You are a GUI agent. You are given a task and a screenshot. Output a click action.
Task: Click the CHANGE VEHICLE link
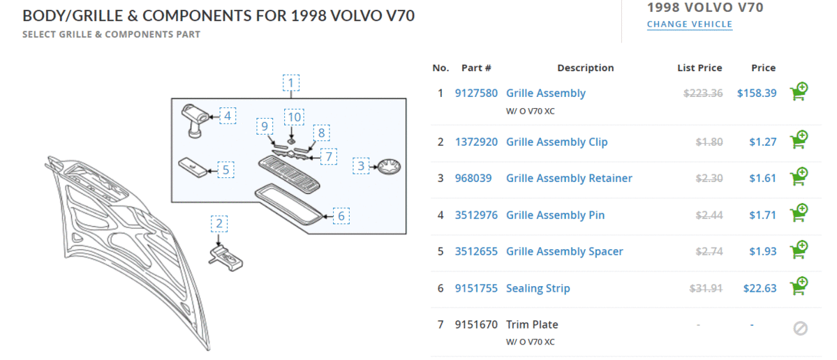click(x=690, y=24)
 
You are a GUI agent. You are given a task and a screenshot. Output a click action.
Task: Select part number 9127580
click(x=476, y=93)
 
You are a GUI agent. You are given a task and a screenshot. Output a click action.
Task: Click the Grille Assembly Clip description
click(x=556, y=142)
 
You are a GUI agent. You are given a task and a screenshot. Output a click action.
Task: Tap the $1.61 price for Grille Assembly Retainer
click(x=762, y=179)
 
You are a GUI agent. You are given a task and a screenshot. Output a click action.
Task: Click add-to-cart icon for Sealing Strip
click(x=799, y=287)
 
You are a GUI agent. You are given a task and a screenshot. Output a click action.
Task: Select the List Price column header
click(x=699, y=68)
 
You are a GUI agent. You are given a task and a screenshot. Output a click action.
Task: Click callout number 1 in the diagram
click(x=292, y=84)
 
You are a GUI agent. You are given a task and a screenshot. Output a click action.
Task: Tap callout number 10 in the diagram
click(x=295, y=117)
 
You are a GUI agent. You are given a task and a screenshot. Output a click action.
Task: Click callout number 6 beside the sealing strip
click(x=341, y=216)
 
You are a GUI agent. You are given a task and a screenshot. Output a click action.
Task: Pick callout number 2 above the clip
click(x=219, y=223)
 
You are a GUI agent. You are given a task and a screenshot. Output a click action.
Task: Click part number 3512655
click(x=476, y=252)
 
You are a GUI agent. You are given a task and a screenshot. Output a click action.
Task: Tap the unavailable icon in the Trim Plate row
click(x=800, y=328)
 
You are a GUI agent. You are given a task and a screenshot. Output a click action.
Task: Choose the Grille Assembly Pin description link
click(x=555, y=216)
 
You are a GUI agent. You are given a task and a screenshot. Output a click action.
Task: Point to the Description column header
click(x=585, y=68)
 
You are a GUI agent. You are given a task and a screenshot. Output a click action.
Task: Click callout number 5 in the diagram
click(x=225, y=170)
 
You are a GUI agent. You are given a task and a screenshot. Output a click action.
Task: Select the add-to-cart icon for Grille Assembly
click(x=799, y=92)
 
